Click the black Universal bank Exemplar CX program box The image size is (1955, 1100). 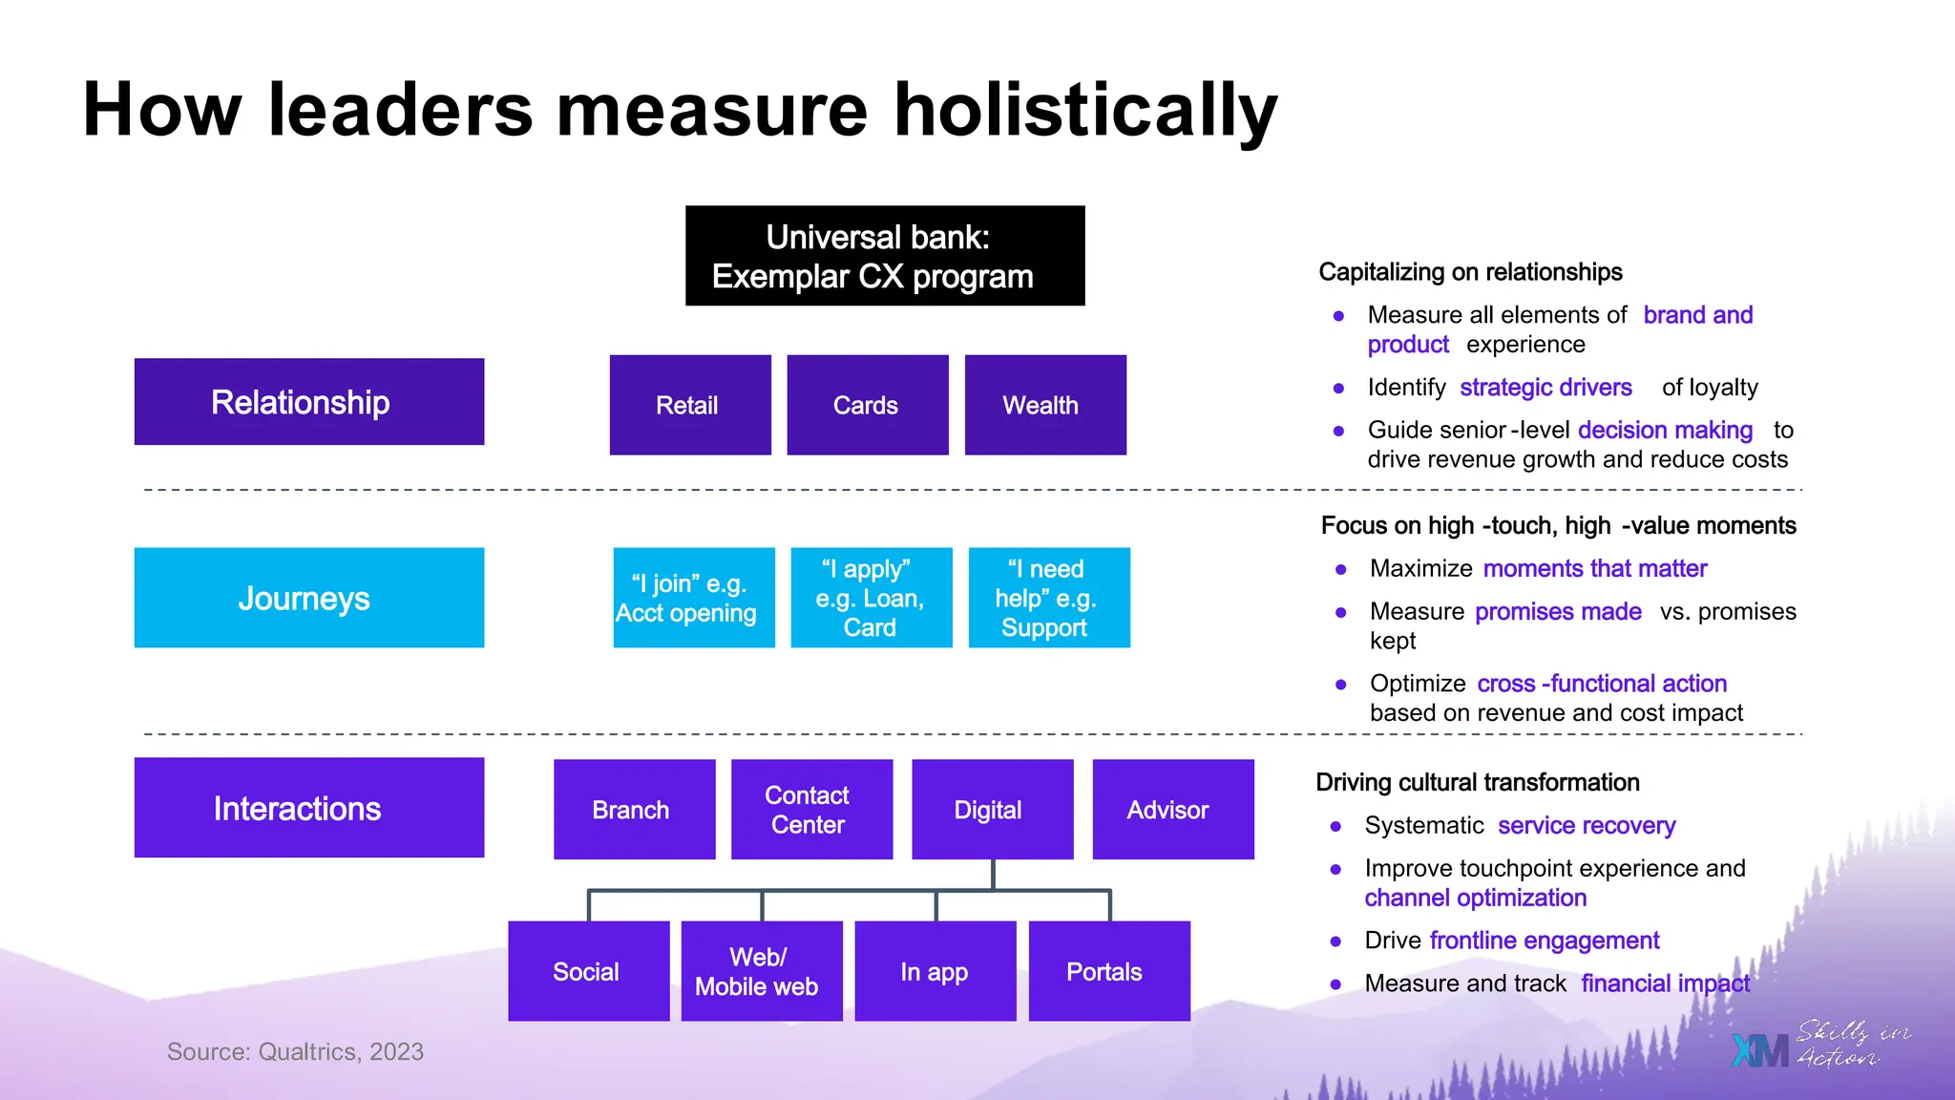click(x=885, y=256)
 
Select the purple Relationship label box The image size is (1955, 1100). click(x=309, y=402)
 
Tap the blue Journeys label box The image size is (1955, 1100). click(x=309, y=598)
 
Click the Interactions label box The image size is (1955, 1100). click(x=309, y=808)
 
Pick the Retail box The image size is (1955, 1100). click(x=690, y=405)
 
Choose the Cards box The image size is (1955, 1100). click(x=867, y=405)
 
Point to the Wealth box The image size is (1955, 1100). click(x=1045, y=405)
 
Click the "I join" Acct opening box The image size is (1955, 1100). click(x=693, y=598)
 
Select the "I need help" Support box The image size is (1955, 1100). click(x=1048, y=598)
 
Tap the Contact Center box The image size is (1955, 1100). click(x=811, y=810)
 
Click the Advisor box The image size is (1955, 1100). click(x=1172, y=810)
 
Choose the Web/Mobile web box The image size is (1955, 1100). click(x=761, y=971)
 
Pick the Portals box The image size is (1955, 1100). click(x=1108, y=971)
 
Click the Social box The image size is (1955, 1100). click(x=588, y=971)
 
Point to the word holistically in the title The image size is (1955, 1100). click(x=1084, y=111)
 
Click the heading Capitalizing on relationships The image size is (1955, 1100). click(x=1470, y=272)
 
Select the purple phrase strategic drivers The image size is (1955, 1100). click(x=1545, y=388)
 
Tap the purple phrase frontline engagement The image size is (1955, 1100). click(x=1544, y=941)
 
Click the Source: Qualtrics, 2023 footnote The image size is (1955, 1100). click(x=295, y=1051)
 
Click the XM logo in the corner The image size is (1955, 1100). click(x=1759, y=1050)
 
